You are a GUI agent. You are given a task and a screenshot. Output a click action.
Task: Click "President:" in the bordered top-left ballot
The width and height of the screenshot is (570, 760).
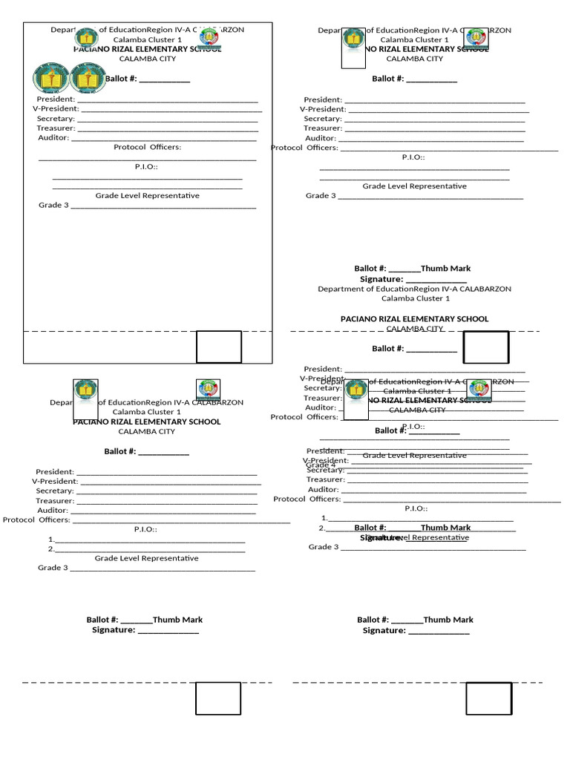pos(56,99)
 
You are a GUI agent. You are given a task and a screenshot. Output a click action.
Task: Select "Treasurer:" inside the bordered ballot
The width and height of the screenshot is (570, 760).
pos(54,128)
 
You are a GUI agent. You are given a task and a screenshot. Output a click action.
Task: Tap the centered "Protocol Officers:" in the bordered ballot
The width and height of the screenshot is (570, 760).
pos(147,147)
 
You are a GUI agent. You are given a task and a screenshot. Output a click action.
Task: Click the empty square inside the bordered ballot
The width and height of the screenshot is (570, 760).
pos(219,347)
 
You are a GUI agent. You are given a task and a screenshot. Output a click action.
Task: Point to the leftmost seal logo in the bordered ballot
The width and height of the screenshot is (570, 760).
pos(47,78)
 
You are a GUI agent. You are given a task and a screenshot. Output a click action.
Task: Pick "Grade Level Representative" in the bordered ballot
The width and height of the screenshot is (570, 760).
pos(147,195)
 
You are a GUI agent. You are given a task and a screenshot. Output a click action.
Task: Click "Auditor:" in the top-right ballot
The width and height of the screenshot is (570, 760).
pos(321,137)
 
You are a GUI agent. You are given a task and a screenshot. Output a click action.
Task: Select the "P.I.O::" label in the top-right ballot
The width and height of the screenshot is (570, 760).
pos(413,157)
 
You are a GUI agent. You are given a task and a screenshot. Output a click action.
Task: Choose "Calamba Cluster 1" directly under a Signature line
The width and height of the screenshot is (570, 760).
pos(415,298)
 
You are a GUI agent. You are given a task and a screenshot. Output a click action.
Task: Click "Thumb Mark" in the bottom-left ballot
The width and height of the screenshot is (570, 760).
pos(177,620)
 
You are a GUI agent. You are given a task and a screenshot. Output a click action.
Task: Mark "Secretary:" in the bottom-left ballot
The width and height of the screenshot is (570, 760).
pos(55,491)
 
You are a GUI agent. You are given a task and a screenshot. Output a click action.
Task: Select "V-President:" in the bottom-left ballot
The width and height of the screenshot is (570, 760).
pos(53,481)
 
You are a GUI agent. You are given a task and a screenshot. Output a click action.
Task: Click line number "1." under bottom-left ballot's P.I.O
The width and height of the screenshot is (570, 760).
pos(51,540)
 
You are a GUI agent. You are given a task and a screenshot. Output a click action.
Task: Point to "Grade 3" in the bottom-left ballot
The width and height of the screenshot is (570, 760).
pos(53,568)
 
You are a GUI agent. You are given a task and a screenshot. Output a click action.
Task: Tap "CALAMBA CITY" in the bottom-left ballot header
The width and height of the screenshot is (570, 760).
pos(146,431)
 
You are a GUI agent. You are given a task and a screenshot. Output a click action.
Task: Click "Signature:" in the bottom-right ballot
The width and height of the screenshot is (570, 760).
pos(384,630)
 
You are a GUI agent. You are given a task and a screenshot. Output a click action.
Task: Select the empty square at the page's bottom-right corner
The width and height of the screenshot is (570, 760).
pos(489,699)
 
